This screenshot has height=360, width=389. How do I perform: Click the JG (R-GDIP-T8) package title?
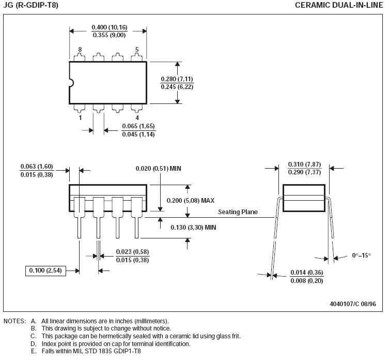31,5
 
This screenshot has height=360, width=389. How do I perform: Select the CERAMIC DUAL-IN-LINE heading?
339,5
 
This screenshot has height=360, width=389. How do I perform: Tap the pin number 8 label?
80,50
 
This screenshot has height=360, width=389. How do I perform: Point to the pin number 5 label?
137,50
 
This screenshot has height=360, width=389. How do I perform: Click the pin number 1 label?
80,117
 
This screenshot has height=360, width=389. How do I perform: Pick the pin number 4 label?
137,117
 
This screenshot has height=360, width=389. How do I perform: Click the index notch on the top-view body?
72,83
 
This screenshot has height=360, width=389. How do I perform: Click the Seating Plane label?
238,212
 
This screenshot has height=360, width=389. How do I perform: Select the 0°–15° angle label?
361,256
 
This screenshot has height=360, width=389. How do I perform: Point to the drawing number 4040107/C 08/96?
353,304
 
